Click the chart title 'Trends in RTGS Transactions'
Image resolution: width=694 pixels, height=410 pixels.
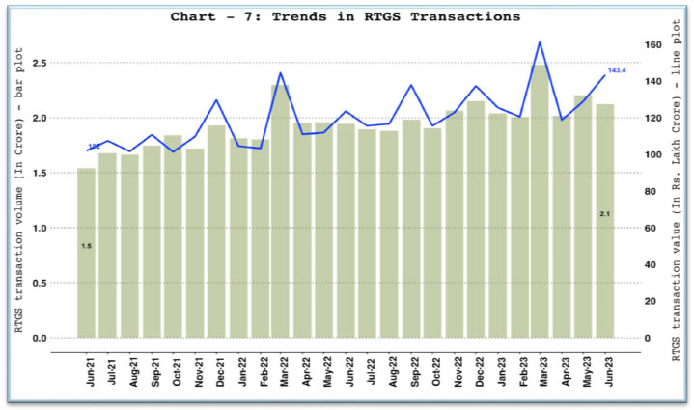coord(346,16)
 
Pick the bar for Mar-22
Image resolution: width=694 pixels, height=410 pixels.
coord(280,211)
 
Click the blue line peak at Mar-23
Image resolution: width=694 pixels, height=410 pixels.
coord(541,42)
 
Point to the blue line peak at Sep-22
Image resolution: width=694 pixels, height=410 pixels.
coord(411,85)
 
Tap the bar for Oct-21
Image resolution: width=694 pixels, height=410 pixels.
coord(173,236)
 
